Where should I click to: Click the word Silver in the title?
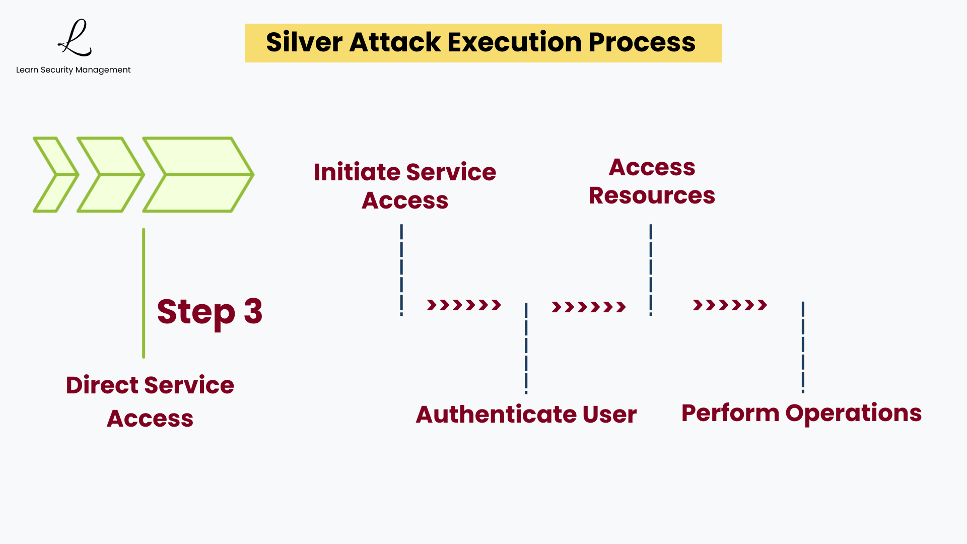[x=304, y=42]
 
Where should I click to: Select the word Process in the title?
[x=642, y=42]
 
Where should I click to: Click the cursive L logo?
[x=75, y=38]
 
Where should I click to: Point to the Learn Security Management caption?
[x=73, y=70]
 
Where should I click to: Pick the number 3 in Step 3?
[x=253, y=311]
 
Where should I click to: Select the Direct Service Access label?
[x=150, y=401]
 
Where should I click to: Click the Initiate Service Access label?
[x=405, y=186]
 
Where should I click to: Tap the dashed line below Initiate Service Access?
[x=401, y=270]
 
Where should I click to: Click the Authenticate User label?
[x=526, y=415]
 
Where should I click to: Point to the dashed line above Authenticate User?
[x=526, y=348]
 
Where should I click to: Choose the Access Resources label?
[x=652, y=181]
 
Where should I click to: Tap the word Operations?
[x=853, y=414]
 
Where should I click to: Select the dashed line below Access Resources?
[x=651, y=270]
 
